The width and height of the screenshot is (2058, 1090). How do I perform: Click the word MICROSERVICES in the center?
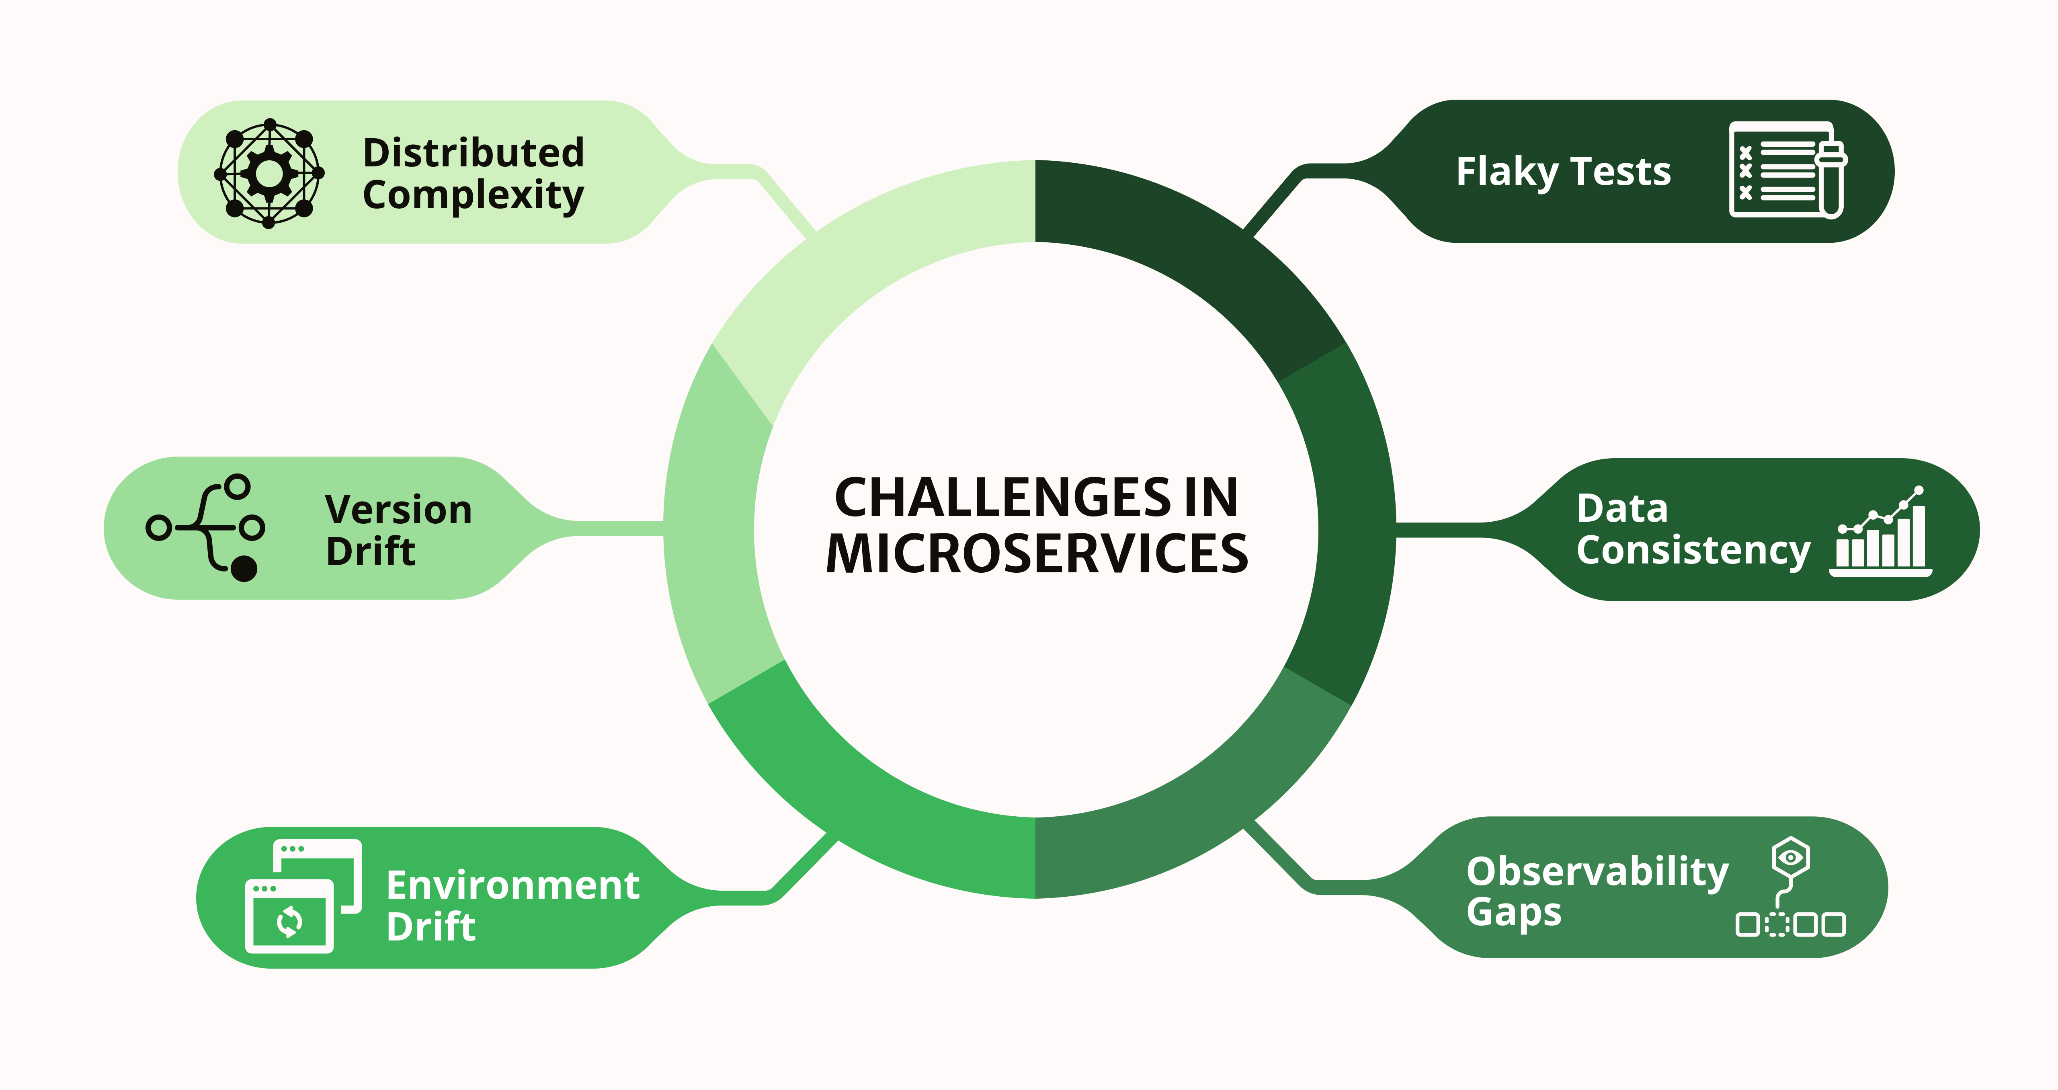click(x=1036, y=554)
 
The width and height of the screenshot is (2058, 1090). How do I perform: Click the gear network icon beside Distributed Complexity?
click(x=269, y=173)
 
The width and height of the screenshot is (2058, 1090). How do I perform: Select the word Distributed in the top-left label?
click(x=473, y=153)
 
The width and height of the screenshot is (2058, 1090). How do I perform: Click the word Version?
click(x=398, y=510)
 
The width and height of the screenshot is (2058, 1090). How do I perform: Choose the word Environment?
click(x=512, y=885)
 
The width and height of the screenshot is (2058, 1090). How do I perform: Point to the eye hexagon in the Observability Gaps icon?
click(x=1790, y=858)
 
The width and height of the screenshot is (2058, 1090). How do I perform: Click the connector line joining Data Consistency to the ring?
click(x=1438, y=530)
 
